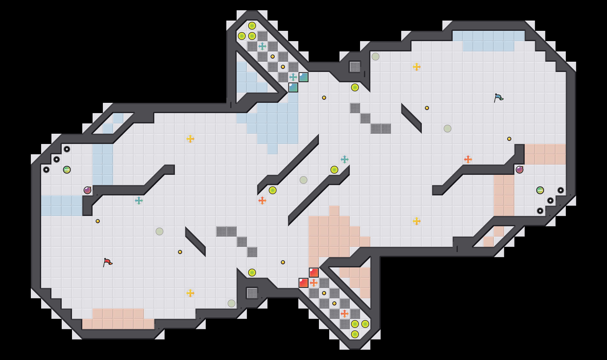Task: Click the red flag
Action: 108,262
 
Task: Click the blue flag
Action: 498,98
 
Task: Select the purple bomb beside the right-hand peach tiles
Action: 520,170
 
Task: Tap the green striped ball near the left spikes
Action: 67,170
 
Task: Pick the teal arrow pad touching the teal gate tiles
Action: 293,77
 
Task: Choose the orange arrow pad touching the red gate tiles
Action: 314,283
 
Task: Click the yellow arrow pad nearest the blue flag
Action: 417,67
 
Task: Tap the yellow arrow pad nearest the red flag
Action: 190,293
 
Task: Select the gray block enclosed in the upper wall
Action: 355,67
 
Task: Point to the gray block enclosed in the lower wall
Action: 252,293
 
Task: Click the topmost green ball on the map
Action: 252,26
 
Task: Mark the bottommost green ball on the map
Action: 355,334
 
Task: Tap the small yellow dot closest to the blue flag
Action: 509,139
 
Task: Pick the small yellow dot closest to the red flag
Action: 98,221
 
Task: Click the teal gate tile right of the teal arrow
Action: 304,77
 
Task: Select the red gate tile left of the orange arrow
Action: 304,283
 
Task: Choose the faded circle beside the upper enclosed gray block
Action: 376,57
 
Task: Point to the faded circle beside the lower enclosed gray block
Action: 231,303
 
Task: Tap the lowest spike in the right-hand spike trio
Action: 540,211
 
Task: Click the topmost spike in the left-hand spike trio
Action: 67,149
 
